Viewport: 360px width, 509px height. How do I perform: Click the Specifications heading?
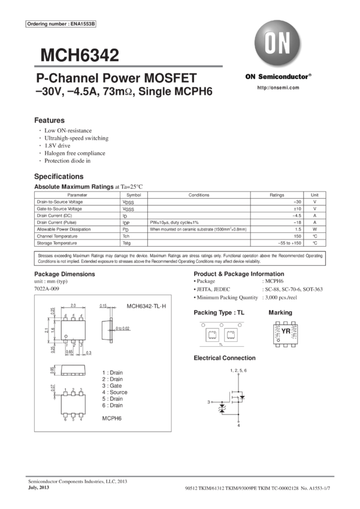click(x=59, y=177)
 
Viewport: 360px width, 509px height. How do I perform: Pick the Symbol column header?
click(x=134, y=195)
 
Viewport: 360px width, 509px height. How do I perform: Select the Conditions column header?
click(x=199, y=195)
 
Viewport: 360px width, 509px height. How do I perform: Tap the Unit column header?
click(x=314, y=195)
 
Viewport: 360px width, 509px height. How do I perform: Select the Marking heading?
click(x=280, y=313)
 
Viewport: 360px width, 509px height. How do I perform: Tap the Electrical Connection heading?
click(x=225, y=357)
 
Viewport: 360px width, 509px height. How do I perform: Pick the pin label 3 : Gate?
click(x=111, y=385)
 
